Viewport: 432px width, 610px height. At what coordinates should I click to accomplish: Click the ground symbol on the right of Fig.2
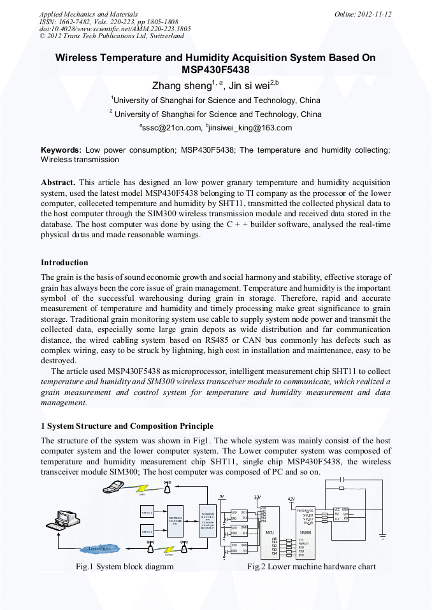click(382, 537)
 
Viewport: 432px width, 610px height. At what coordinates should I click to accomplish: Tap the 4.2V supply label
click(291, 499)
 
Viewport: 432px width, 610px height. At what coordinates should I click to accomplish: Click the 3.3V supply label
click(257, 496)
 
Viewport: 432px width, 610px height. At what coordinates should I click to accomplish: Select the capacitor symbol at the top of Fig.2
click(342, 478)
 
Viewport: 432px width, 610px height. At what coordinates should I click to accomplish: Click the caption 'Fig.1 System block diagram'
click(124, 566)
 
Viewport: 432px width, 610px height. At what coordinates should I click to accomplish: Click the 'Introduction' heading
click(64, 263)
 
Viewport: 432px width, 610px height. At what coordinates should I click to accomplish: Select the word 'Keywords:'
click(61, 150)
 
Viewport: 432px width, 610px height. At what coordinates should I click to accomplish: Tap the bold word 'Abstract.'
click(58, 181)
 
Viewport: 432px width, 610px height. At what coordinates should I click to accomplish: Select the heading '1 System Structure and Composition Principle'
click(127, 426)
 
